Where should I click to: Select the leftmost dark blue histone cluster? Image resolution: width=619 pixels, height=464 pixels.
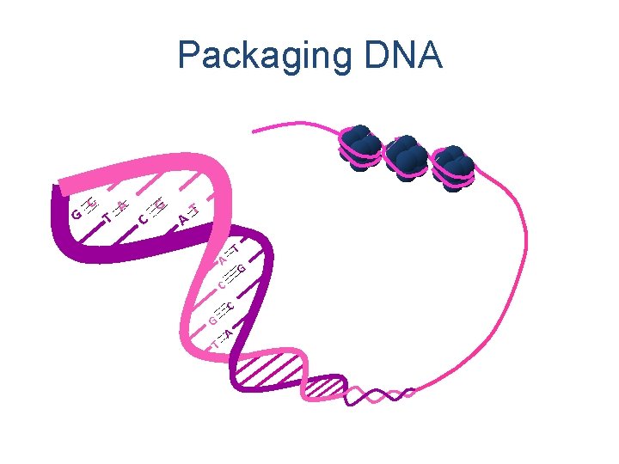click(x=360, y=147)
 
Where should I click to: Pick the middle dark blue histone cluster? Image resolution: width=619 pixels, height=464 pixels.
click(x=406, y=156)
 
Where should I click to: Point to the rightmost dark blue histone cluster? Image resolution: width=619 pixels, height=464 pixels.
click(x=452, y=167)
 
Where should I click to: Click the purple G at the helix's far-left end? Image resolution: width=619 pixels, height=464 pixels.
click(x=77, y=211)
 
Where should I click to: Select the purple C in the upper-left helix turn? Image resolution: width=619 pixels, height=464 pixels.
click(x=144, y=221)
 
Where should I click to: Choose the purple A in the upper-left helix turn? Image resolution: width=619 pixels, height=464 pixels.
click(x=183, y=220)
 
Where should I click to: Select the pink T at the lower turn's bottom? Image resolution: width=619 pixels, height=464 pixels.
click(x=214, y=345)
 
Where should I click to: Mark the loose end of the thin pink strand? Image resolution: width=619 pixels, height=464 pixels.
click(x=253, y=128)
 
